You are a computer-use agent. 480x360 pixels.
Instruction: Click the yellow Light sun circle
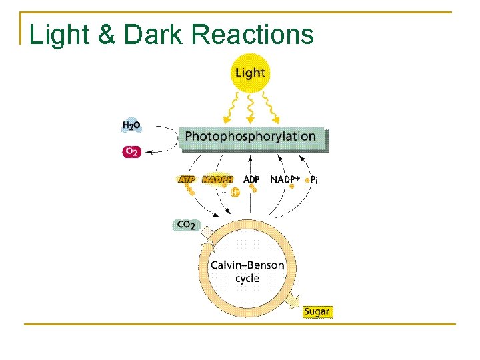250,72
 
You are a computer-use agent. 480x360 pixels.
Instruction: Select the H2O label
131,125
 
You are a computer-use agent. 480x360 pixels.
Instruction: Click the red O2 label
131,152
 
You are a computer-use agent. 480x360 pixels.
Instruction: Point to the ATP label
187,179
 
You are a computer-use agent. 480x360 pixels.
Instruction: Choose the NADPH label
218,179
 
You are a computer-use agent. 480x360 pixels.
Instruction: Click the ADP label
251,179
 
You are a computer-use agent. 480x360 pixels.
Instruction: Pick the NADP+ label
285,179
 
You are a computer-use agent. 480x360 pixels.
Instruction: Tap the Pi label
312,180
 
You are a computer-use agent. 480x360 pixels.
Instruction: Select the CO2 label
186,225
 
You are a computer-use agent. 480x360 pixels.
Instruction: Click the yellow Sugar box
317,311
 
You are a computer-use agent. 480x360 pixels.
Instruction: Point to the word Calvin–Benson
247,265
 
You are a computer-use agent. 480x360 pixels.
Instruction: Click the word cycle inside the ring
247,278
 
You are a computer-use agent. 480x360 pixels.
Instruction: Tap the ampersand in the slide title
107,35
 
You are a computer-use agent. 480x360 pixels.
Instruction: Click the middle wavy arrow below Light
250,107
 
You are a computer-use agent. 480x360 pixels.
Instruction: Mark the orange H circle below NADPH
235,193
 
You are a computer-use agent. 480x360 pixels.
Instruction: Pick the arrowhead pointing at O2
149,152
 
